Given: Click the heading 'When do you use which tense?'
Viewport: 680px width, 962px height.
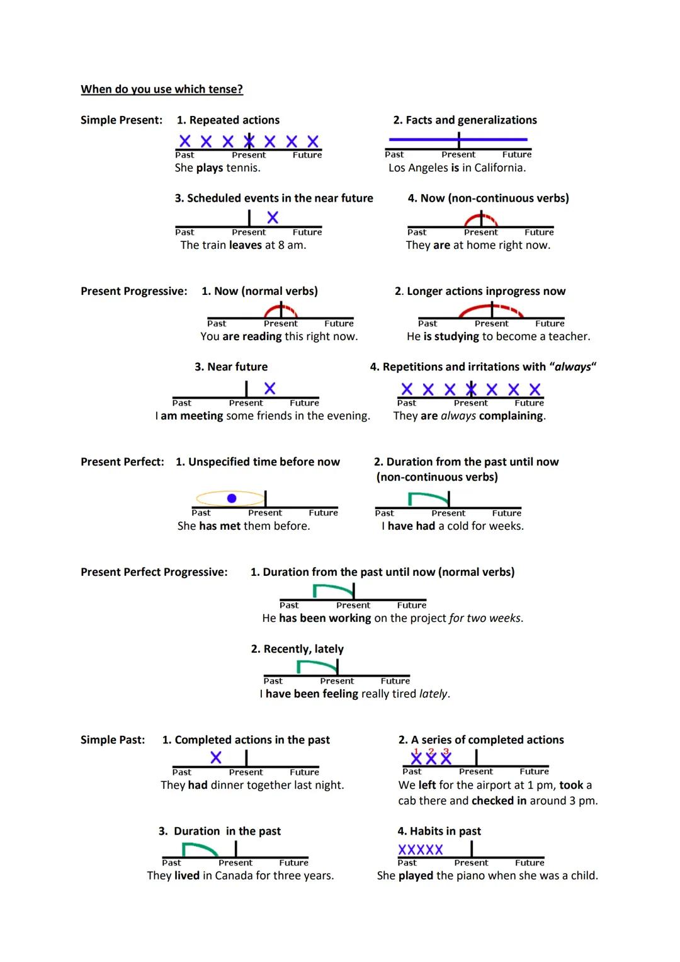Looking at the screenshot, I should [x=162, y=89].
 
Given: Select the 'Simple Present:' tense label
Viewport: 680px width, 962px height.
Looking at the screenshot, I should [x=121, y=120].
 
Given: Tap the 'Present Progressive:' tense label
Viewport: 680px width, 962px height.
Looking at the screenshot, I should [x=133, y=291].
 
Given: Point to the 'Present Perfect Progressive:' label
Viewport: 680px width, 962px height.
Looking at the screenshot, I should [x=154, y=572].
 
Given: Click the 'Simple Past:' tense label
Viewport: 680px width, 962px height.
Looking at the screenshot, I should [x=112, y=740].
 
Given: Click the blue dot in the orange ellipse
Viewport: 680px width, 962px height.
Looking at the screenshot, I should [x=232, y=498].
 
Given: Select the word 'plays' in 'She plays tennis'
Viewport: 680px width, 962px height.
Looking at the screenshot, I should [x=209, y=168].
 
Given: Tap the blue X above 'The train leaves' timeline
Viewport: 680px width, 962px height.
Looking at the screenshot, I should [x=273, y=217].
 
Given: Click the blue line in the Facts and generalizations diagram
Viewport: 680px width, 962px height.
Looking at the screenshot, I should [x=428, y=139].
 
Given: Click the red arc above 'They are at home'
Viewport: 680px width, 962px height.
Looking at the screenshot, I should [x=480, y=217].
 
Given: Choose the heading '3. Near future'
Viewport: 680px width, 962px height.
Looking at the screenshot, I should [x=231, y=367].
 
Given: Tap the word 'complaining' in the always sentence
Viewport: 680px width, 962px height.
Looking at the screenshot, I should [x=511, y=416].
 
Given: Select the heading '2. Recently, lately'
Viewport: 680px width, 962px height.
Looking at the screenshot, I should [x=297, y=649].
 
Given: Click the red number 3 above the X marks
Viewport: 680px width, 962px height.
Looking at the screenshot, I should [x=446, y=751].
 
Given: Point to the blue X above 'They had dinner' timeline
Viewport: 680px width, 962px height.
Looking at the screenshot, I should [x=216, y=757].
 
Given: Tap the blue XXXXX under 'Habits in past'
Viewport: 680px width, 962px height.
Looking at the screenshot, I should [x=421, y=850].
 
